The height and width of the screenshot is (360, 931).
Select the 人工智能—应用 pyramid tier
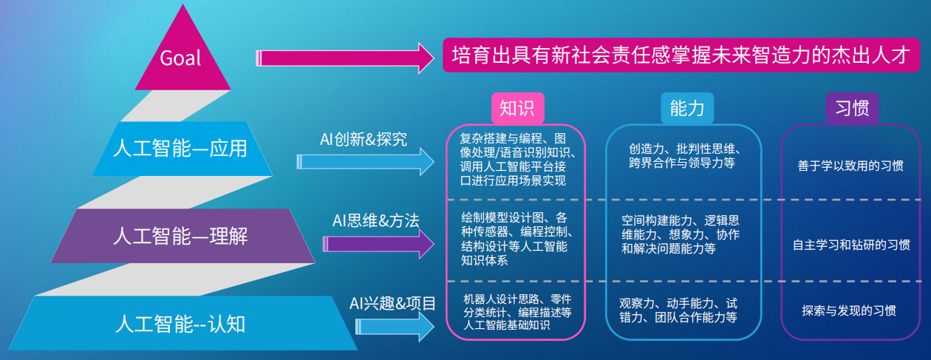point(181,149)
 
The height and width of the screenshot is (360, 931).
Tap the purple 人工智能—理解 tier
point(181,236)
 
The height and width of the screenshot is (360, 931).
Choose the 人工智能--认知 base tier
point(181,323)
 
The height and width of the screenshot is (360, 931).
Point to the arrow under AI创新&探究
point(366,161)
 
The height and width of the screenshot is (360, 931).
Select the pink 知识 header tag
point(517,108)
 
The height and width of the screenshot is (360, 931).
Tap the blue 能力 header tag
point(686,108)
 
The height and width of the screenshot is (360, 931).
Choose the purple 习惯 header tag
point(852,108)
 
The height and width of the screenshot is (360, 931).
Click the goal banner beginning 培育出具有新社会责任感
point(680,56)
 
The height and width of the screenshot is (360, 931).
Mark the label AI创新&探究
point(364,138)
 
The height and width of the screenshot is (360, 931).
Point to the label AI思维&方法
point(376,220)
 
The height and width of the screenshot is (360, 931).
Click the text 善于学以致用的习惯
point(850,166)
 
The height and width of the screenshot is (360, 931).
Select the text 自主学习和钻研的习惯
point(850,244)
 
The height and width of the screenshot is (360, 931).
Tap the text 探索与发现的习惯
point(849,310)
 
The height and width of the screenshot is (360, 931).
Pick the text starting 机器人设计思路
point(517,313)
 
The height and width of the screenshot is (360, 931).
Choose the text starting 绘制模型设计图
point(514,239)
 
